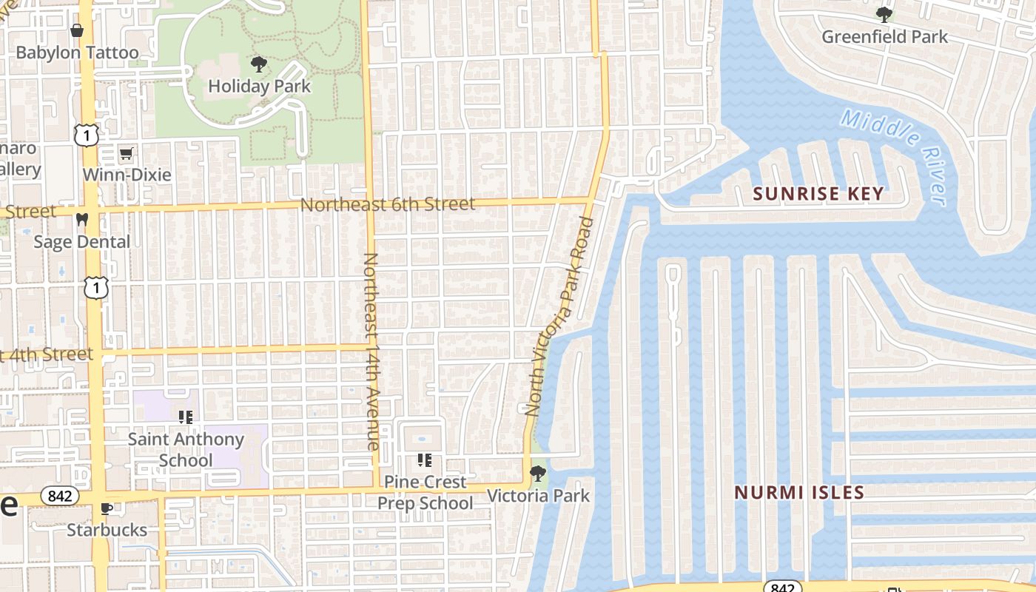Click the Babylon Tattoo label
(x=77, y=53)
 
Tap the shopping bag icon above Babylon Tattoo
(x=76, y=30)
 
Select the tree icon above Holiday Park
(x=259, y=64)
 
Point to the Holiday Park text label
(x=259, y=86)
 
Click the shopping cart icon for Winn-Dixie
(x=127, y=154)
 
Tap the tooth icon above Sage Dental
(x=82, y=220)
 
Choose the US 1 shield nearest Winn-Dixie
(x=87, y=135)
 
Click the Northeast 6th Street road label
(x=388, y=203)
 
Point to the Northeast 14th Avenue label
(x=371, y=351)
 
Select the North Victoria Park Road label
(x=559, y=316)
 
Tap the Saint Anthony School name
(x=186, y=449)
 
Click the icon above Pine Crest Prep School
(x=425, y=460)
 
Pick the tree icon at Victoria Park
(x=538, y=473)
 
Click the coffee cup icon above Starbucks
(x=107, y=508)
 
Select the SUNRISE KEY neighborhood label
(x=818, y=194)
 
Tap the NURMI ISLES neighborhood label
(x=799, y=492)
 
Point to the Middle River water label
(x=895, y=156)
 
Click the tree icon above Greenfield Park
(x=884, y=14)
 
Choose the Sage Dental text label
(x=81, y=242)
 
